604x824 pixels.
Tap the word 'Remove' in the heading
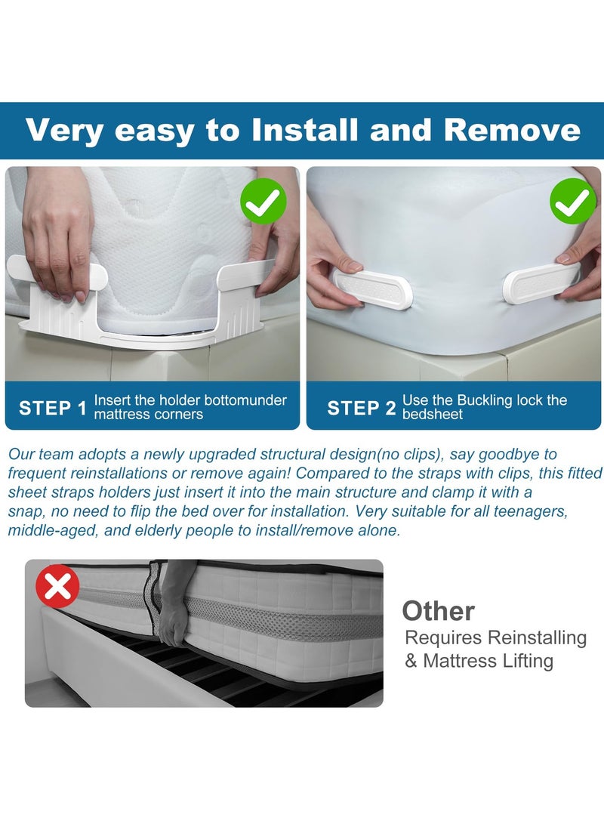[513, 131]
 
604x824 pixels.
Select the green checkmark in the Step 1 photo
[263, 202]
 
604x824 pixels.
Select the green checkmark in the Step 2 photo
[572, 202]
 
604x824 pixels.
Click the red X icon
[58, 585]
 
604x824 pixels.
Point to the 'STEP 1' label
[52, 409]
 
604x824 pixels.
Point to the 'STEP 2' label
[361, 409]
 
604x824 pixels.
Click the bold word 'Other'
[438, 610]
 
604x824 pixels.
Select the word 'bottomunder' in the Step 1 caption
[245, 400]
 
